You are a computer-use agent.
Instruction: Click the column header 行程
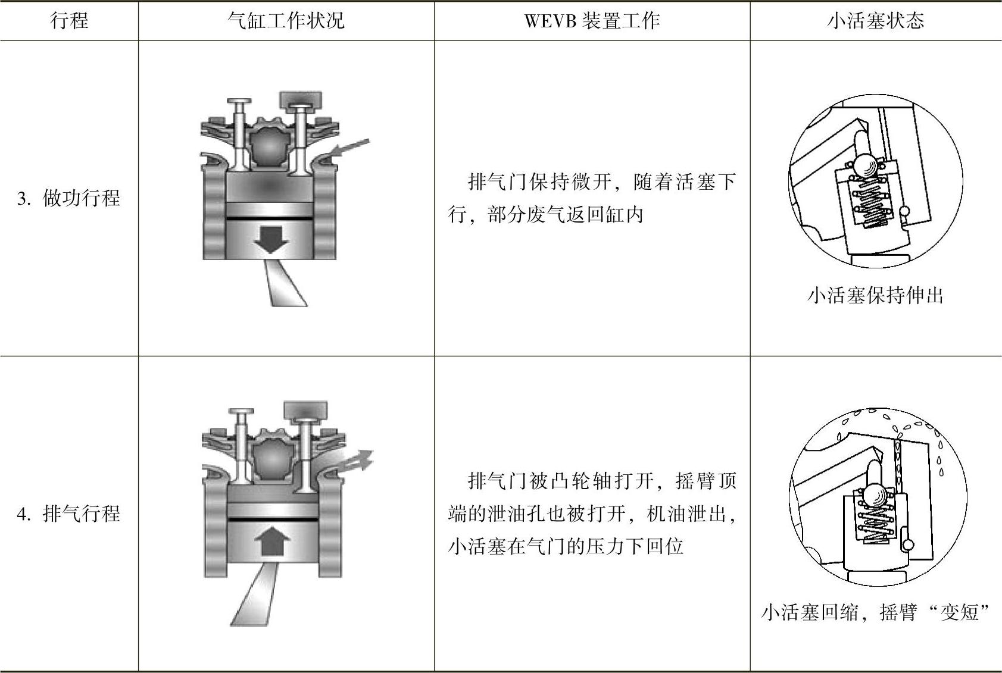(x=70, y=21)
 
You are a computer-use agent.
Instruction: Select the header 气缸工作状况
(x=286, y=21)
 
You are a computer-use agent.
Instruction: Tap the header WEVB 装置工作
(x=592, y=21)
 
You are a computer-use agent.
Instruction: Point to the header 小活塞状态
(x=875, y=21)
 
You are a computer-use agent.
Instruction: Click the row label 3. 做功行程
(x=69, y=198)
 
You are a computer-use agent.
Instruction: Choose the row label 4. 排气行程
(x=69, y=513)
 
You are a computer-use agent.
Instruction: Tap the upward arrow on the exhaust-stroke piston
(x=271, y=543)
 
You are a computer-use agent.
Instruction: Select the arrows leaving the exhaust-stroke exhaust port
(x=356, y=462)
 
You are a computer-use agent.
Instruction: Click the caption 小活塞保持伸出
(x=875, y=295)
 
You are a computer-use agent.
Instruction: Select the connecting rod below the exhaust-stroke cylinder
(x=256, y=595)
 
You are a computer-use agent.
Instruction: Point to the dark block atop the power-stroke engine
(x=301, y=98)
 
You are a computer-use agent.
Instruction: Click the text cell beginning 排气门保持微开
(x=592, y=198)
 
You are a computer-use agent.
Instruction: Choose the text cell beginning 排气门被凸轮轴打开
(x=592, y=513)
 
